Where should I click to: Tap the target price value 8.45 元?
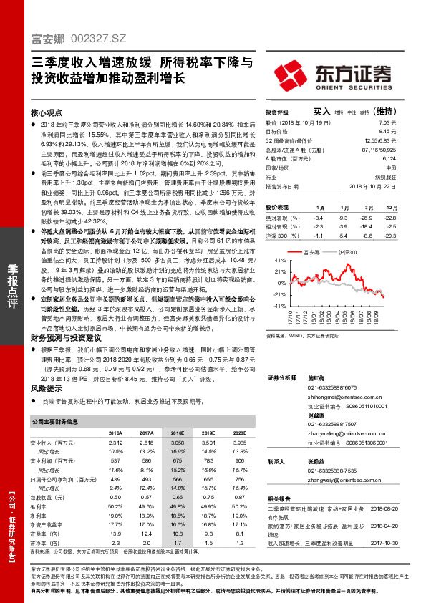tap(387, 132)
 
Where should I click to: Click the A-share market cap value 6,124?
tap(389, 158)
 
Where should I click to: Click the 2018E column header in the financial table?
tap(177, 433)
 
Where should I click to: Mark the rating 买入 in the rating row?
tap(321, 112)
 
